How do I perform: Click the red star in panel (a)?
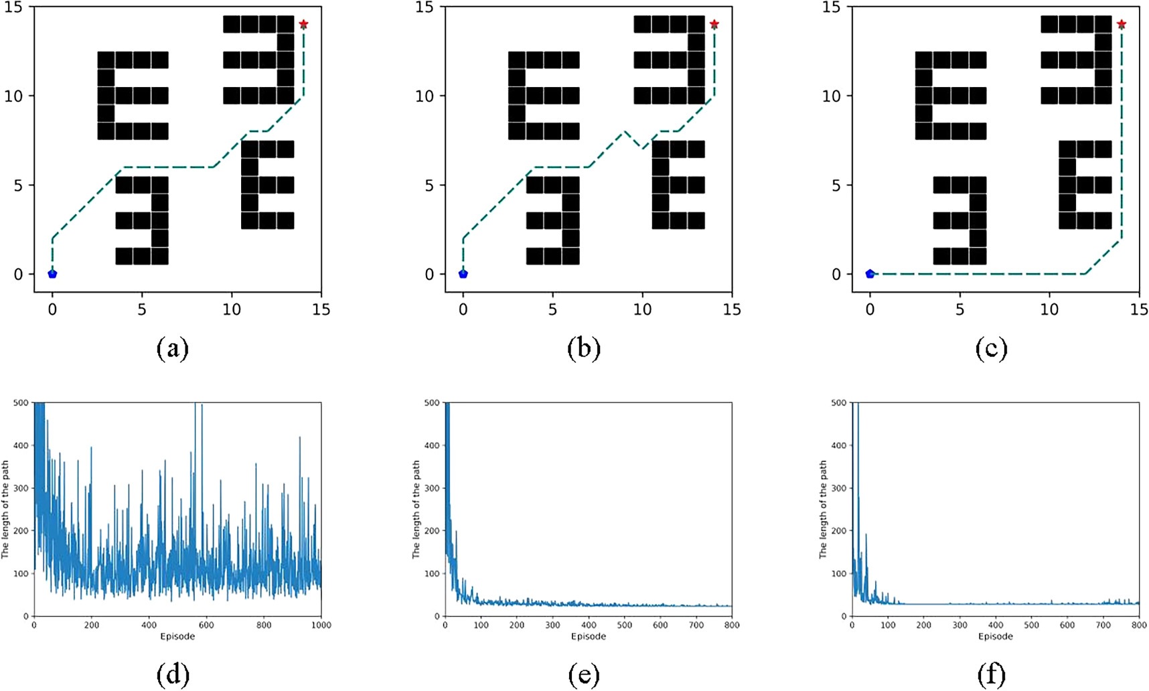point(303,24)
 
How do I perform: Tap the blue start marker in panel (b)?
point(463,274)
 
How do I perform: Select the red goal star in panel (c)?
point(1122,24)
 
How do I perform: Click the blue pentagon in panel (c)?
point(870,274)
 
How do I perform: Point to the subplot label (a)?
point(173,349)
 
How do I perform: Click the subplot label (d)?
point(173,676)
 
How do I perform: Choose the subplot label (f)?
point(991,676)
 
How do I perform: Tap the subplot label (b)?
point(584,349)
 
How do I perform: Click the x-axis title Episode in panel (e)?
point(588,636)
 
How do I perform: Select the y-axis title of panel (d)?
point(5,510)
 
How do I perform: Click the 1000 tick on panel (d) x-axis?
point(321,625)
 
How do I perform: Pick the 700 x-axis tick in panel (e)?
point(696,625)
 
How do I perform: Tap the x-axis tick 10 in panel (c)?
point(1049,309)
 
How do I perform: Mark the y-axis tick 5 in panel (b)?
point(429,185)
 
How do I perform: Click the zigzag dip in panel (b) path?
point(642,149)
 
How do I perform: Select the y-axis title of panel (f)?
point(824,510)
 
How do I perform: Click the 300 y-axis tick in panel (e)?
point(433,488)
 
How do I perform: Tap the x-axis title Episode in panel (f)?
point(995,636)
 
